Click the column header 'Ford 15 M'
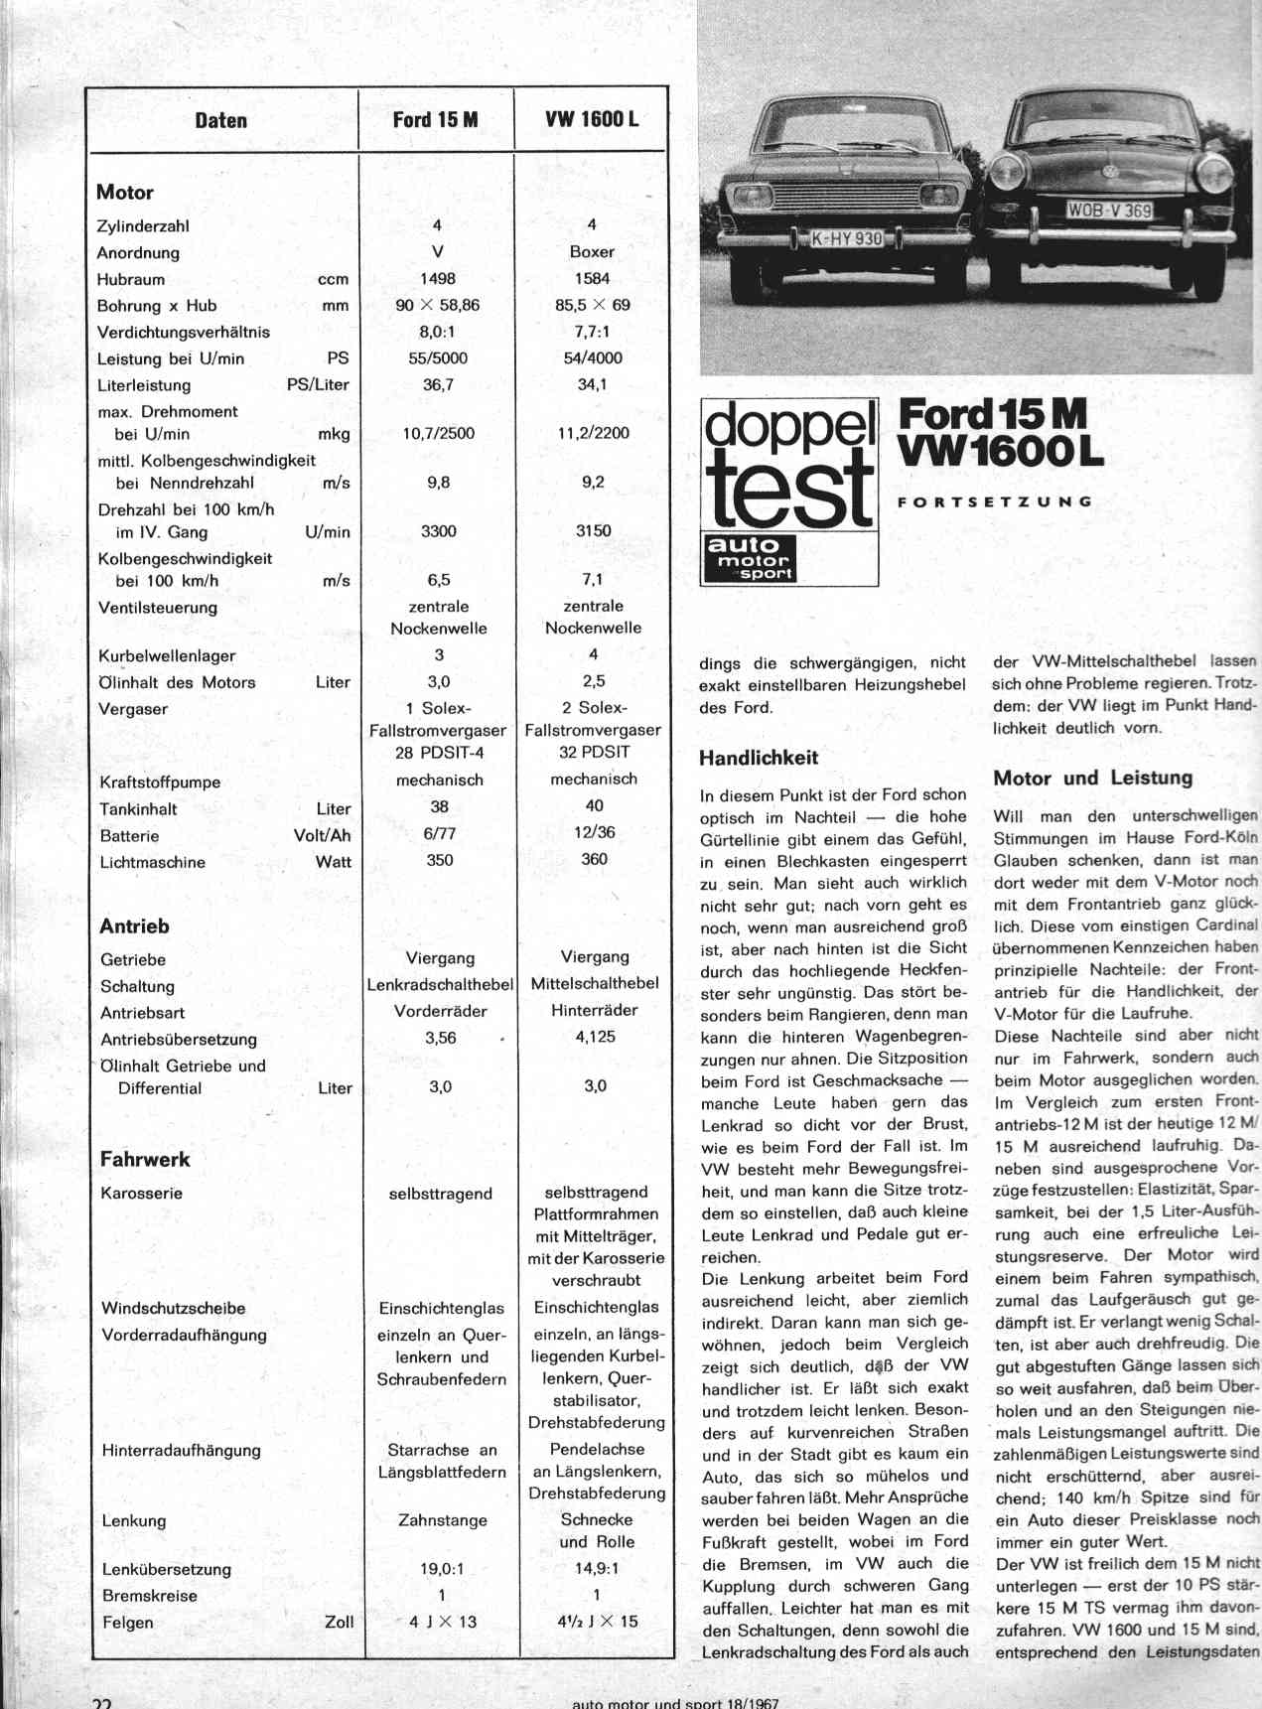[435, 120]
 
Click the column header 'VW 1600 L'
[592, 120]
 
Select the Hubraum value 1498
[438, 279]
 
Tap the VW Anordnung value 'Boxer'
[592, 252]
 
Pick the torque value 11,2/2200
[594, 433]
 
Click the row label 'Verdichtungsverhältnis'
[184, 333]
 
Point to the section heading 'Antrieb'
[134, 926]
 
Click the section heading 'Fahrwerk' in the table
[145, 1159]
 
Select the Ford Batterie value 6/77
[439, 834]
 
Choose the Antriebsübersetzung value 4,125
[595, 1037]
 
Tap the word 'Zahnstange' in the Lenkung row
[443, 1520]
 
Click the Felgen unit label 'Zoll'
[339, 1622]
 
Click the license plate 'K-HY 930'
[846, 238]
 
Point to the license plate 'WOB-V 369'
[1109, 211]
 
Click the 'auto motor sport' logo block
[751, 559]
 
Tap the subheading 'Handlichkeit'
[759, 759]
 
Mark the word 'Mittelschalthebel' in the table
[595, 984]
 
